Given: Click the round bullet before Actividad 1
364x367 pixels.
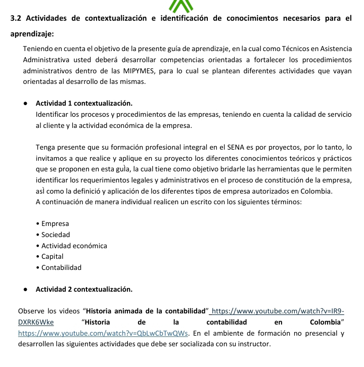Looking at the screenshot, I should pyautogui.click(x=25, y=103).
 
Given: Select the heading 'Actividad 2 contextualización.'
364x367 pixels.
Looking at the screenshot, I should pyautogui.click(x=84, y=289).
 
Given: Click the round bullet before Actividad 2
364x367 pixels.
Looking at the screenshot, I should pyautogui.click(x=25, y=289).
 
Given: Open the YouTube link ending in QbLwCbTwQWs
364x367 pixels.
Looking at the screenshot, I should pyautogui.click(x=104, y=333).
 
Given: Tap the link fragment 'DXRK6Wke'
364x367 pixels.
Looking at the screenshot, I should pyautogui.click(x=36, y=322).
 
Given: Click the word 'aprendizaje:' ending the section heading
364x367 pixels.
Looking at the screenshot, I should pyautogui.click(x=32, y=34).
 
